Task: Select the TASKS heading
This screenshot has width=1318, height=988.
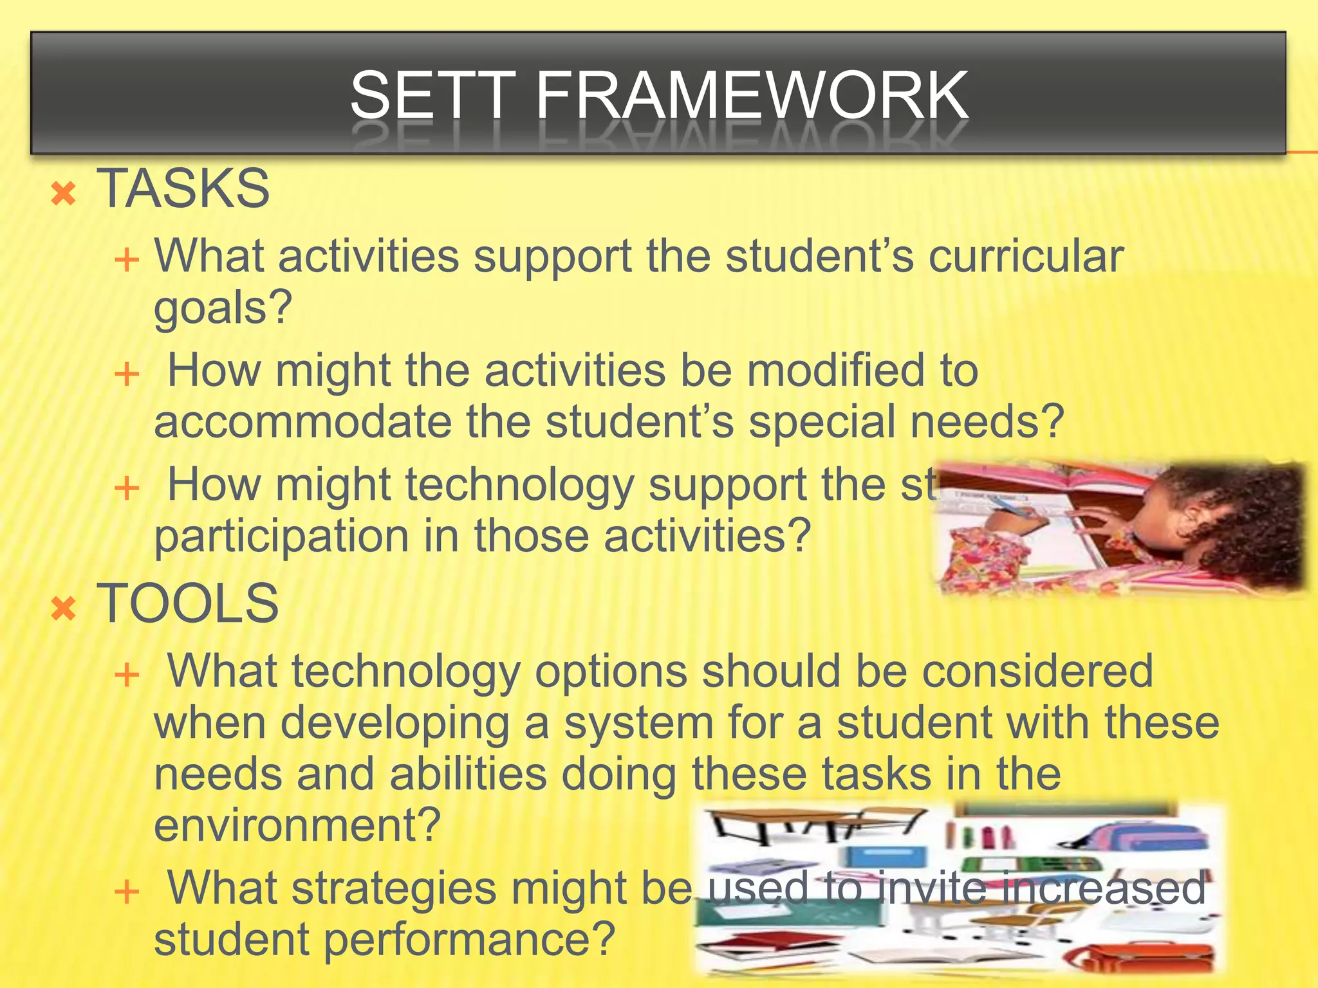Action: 183,188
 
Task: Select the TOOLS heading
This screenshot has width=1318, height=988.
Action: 187,603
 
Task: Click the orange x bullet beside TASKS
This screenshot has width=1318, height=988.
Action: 64,193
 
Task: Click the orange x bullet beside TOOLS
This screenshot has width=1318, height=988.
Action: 64,608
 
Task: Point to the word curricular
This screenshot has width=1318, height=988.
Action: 1026,256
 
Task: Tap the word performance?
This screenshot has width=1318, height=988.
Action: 469,939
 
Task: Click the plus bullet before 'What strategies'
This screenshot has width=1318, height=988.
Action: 127,892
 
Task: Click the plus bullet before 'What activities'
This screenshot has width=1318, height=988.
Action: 127,260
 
